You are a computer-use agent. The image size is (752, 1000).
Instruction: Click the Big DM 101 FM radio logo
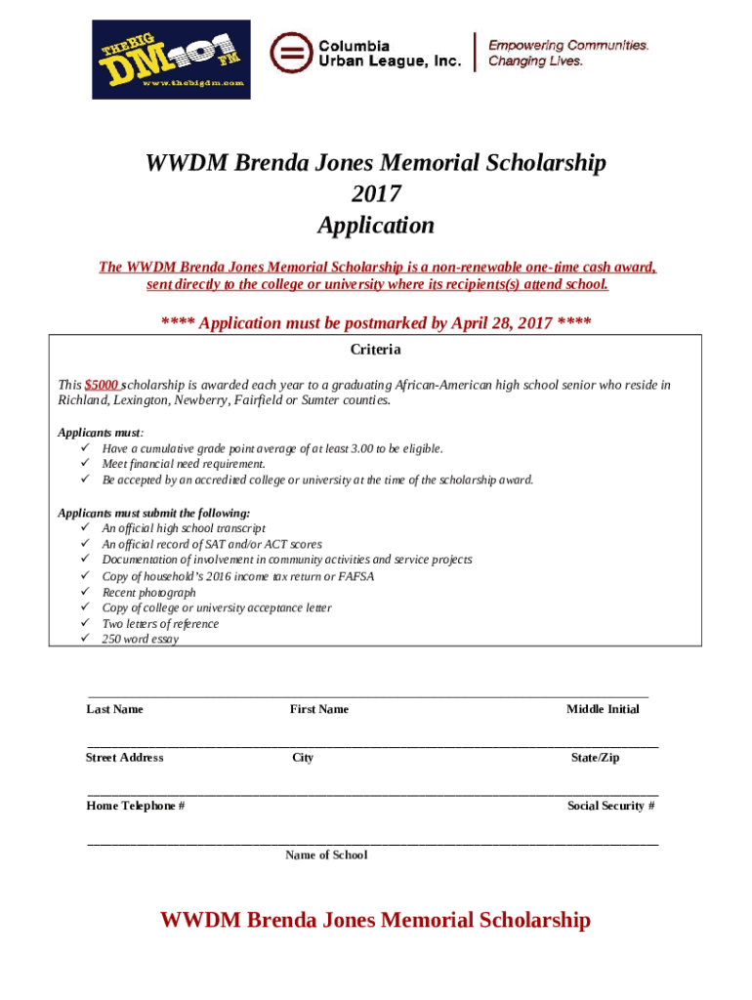pos(171,59)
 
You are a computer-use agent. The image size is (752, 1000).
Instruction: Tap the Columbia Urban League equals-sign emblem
pos(288,53)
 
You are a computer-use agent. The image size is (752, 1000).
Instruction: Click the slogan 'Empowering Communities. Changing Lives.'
pos(568,53)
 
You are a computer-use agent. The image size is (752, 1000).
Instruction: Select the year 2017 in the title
pos(376,193)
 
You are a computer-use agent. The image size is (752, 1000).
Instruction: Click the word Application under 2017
pos(376,226)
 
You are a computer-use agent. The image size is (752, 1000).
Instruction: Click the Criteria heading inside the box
pos(375,350)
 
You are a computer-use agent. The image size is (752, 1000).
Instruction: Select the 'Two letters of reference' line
pos(160,624)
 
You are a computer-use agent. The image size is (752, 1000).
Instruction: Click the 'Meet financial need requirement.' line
pos(184,464)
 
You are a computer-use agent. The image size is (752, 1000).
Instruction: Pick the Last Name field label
pos(114,709)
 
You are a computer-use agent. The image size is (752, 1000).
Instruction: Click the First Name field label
pos(318,709)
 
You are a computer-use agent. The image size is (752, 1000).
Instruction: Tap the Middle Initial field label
pos(603,709)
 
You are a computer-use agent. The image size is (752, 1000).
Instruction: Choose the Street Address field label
pos(124,758)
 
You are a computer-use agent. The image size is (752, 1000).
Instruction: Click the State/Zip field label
pos(595,758)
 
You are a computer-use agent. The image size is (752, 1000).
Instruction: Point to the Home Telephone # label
pos(135,806)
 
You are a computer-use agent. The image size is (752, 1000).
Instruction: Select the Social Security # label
pos(610,806)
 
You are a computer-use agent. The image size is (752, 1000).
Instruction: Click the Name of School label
pos(326,854)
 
